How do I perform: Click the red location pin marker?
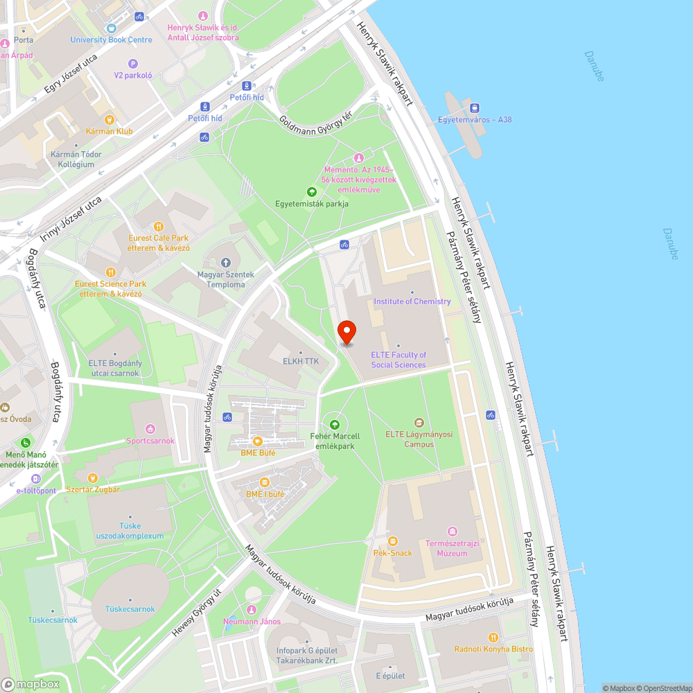(346, 332)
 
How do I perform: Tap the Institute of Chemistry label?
(412, 301)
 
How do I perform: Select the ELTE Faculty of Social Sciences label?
(398, 360)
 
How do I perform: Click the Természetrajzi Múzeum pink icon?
(453, 532)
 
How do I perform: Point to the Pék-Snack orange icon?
(393, 541)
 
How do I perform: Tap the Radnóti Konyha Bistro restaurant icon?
(493, 637)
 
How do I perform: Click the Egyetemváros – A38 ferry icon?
(475, 107)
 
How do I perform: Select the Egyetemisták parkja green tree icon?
(311, 192)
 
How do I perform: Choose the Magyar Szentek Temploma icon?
(225, 263)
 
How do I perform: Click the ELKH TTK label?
(300, 361)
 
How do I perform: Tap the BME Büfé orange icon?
(257, 441)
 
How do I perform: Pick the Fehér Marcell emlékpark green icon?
(335, 424)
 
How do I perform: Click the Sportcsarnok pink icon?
(150, 429)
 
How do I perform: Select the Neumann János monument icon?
(251, 609)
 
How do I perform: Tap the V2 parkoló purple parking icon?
(133, 64)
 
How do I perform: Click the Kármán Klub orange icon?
(109, 119)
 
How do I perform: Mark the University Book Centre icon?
(111, 28)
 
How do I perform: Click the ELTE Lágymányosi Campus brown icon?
(419, 423)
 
